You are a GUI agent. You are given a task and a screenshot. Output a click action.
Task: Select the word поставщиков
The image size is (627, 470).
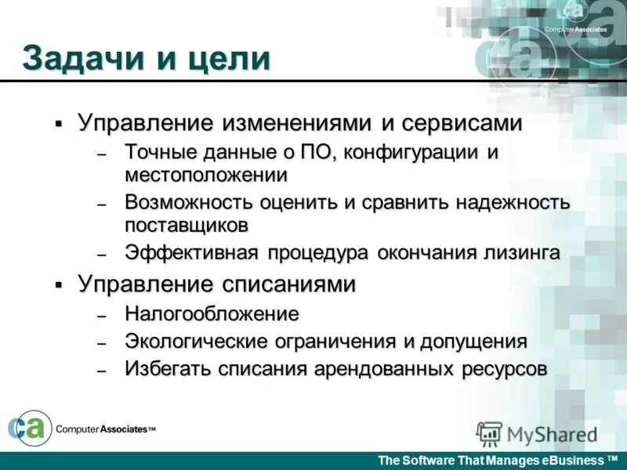(187, 225)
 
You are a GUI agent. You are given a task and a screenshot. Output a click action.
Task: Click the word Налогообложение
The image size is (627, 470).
(212, 314)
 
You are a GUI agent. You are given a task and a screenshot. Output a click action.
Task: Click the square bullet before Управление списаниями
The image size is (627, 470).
(59, 285)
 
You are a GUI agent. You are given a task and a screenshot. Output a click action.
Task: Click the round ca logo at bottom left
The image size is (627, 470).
(29, 428)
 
